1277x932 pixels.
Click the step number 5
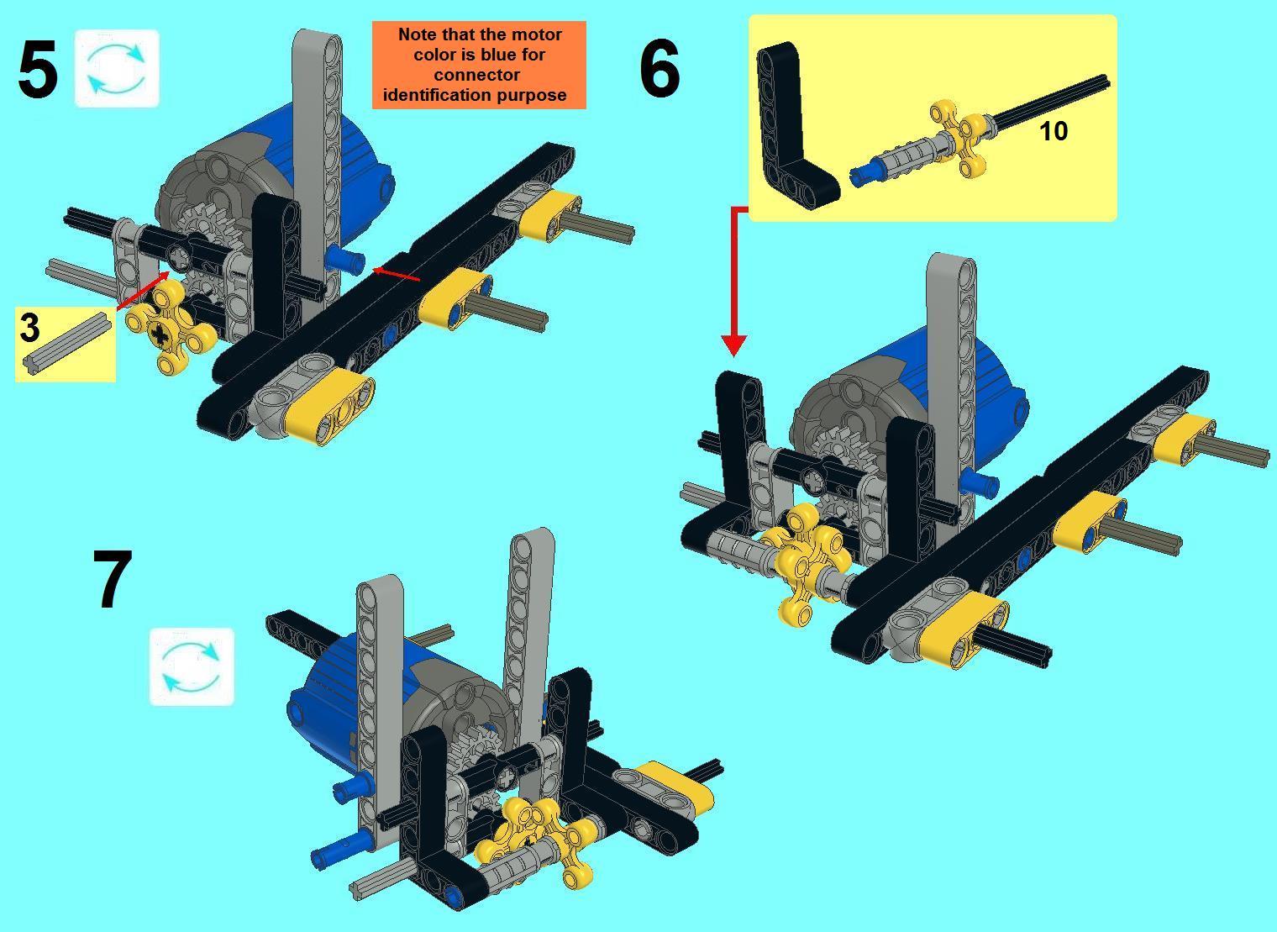pos(38,70)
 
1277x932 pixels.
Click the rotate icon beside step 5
pos(117,68)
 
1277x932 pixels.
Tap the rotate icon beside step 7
pos(192,666)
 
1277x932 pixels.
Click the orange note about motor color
pos(479,65)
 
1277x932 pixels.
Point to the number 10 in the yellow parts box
pos(1053,131)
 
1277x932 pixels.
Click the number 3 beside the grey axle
pos(29,327)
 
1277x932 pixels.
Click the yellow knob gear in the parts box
pos(959,138)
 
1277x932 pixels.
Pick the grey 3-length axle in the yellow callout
pos(65,342)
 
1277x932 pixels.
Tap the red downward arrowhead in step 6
pos(733,345)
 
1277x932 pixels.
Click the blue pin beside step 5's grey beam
pos(345,260)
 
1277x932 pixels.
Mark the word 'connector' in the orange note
pos(477,75)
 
